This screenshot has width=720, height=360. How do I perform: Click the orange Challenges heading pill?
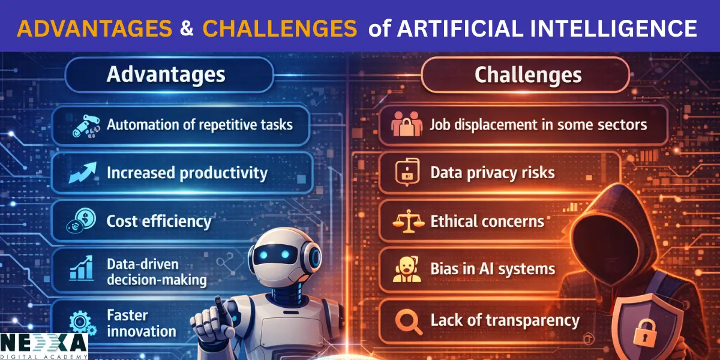pyautogui.click(x=527, y=75)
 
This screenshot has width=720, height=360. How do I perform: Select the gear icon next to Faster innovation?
pyautogui.click(x=80, y=322)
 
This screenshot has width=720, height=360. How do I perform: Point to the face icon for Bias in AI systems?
pyautogui.click(x=406, y=269)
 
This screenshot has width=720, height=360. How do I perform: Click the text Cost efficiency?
pyautogui.click(x=159, y=221)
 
